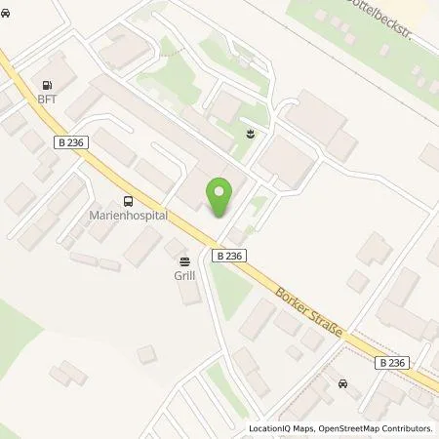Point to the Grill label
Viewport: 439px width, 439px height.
pos(184,275)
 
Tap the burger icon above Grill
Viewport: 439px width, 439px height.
pos(184,260)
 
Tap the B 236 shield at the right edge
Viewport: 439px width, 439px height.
pos(390,362)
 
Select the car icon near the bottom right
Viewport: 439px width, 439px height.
pos(342,383)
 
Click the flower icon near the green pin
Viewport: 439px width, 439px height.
pos(253,133)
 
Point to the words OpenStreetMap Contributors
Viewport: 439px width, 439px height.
pos(376,428)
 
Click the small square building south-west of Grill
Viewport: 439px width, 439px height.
pos(146,354)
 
